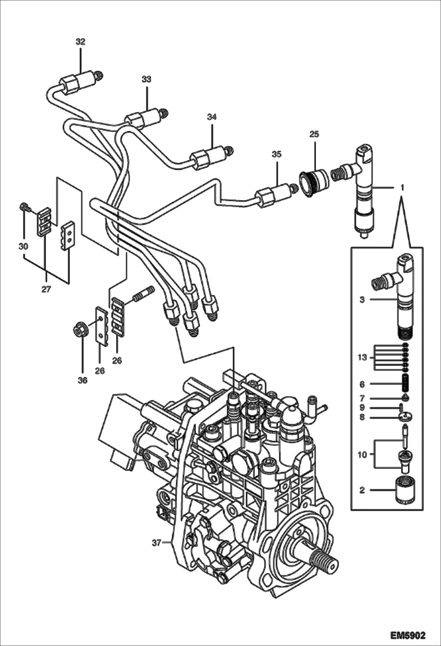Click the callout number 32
pyautogui.click(x=80, y=42)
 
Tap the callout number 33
pyautogui.click(x=146, y=79)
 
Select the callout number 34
pyautogui.click(x=212, y=117)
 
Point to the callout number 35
pyautogui.click(x=276, y=154)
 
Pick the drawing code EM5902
pyautogui.click(x=408, y=635)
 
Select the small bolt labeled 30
pyautogui.click(x=24, y=207)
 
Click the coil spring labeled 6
pyautogui.click(x=406, y=384)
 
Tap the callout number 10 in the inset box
pyautogui.click(x=362, y=455)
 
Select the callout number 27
pyautogui.click(x=46, y=289)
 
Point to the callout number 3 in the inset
pyautogui.click(x=362, y=300)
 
